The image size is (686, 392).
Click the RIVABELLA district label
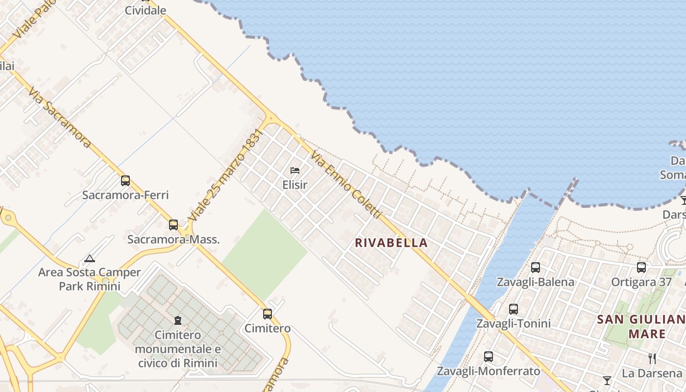tap(391, 243)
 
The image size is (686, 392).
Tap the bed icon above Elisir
tap(295, 171)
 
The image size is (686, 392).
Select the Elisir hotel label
tap(295, 185)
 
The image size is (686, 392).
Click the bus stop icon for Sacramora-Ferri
tap(125, 181)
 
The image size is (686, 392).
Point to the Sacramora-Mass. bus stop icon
tap(173, 225)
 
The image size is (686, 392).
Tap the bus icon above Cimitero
tap(268, 314)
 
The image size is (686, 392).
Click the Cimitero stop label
tap(268, 328)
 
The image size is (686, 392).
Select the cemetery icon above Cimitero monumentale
tap(177, 320)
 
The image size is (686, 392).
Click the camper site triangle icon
tap(89, 258)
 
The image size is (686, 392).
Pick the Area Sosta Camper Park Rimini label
tap(90, 279)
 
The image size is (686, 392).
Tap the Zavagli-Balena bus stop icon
tap(536, 268)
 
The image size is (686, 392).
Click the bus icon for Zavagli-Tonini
tap(514, 309)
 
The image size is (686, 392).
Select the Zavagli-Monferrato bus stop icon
tap(489, 357)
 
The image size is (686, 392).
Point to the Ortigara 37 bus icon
tap(641, 268)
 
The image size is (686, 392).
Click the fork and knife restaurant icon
tap(652, 359)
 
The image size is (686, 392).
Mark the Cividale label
tap(146, 10)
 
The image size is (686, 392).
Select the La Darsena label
tap(652, 373)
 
